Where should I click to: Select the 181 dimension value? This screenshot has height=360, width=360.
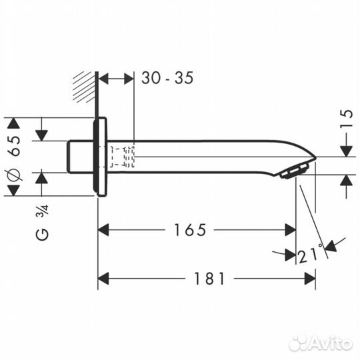[x=211, y=279]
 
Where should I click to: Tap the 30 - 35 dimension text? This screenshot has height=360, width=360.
[x=167, y=78]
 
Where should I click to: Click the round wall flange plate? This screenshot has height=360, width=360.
[x=101, y=157]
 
